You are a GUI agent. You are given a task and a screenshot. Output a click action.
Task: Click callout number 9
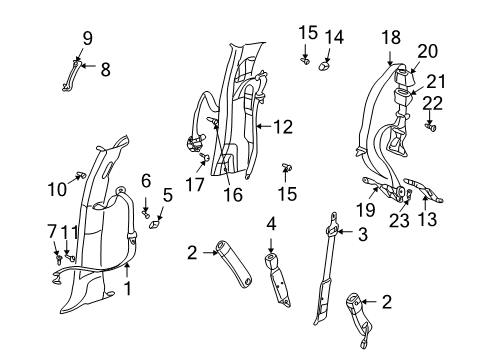(87, 39)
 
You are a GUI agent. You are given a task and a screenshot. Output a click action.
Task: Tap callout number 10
(57, 188)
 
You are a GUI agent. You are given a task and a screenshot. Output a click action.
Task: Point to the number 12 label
(285, 127)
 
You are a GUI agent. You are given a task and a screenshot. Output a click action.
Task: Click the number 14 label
(333, 37)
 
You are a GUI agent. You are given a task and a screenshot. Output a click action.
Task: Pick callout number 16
(234, 195)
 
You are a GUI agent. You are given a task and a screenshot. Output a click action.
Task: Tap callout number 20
(428, 51)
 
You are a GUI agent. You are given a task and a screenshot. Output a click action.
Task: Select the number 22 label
(431, 104)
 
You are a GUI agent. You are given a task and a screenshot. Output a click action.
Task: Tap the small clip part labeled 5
(155, 225)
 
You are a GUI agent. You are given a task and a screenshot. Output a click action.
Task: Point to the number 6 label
(146, 180)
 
